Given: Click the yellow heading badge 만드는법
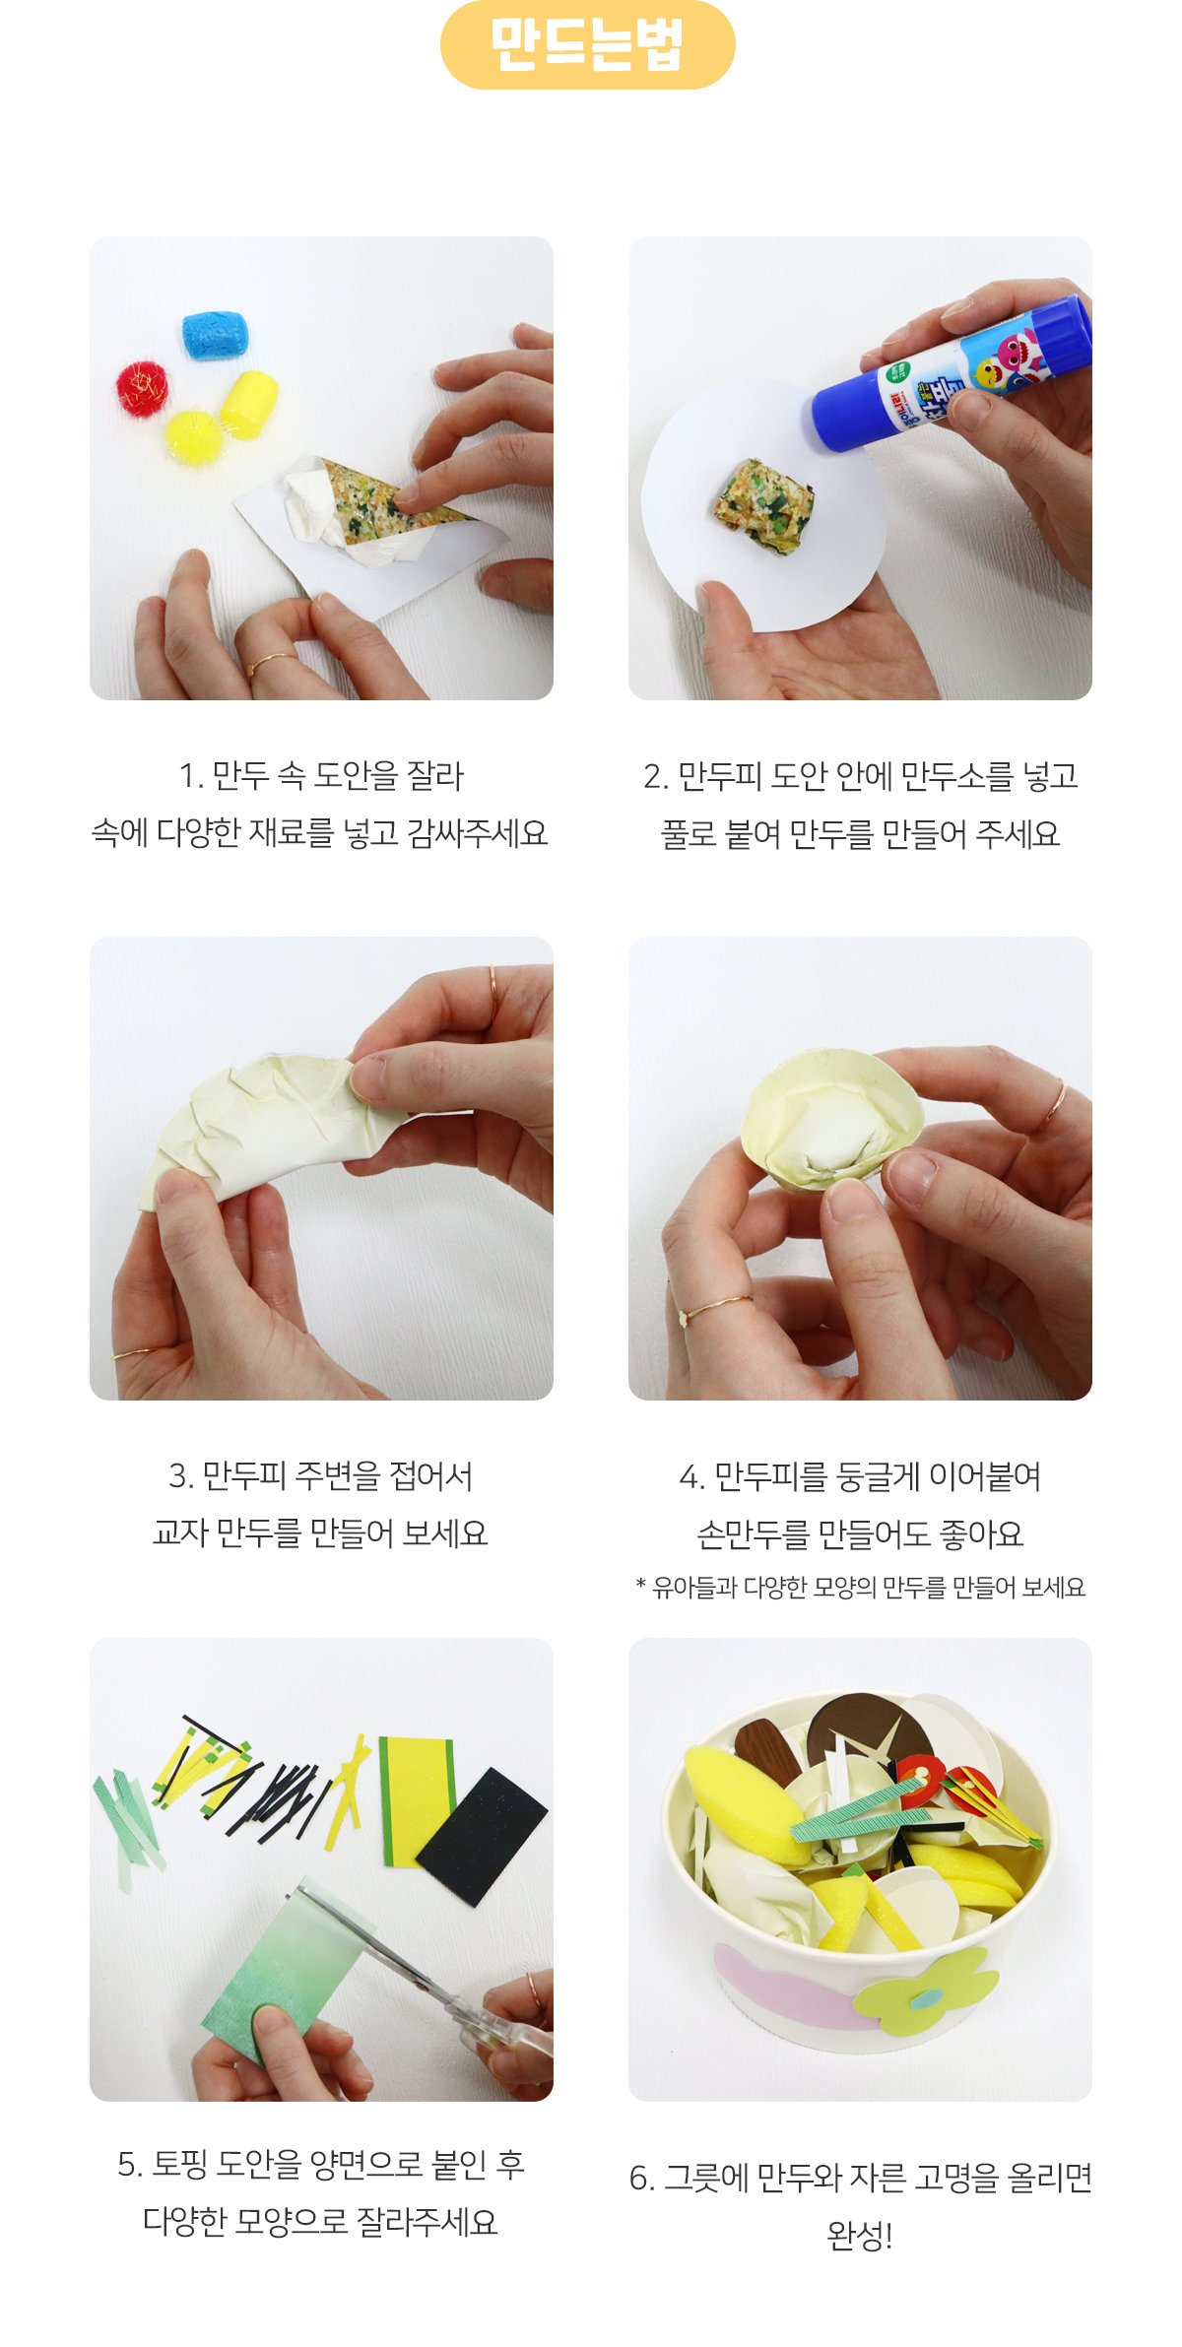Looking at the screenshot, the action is (x=588, y=44).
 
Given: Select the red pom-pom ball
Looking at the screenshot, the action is (x=143, y=387).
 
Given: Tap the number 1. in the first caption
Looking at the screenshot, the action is (x=191, y=777).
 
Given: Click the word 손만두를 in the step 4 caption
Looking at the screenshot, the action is (x=752, y=1534).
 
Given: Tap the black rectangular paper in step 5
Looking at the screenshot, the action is (x=482, y=1835).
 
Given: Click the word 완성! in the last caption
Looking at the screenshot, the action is (x=860, y=2237).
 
